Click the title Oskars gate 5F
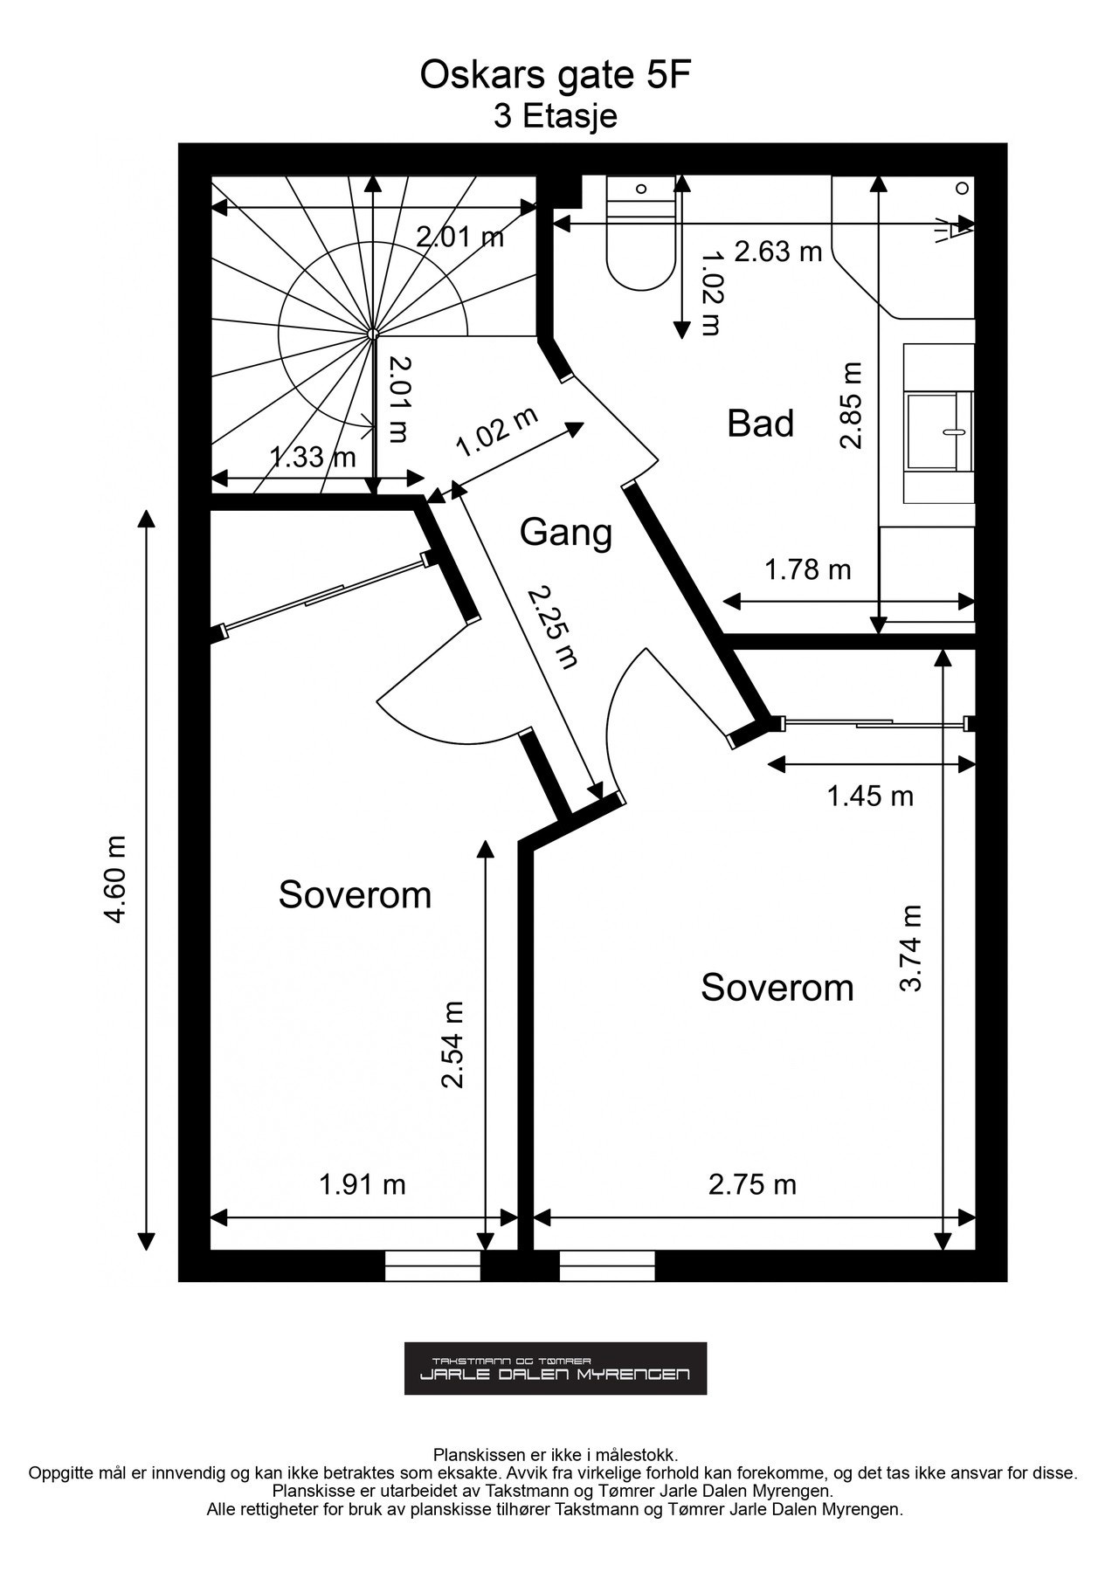(x=556, y=76)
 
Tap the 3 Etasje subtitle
(x=556, y=116)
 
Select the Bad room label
(x=760, y=424)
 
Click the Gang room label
(x=566, y=532)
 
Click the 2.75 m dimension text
(x=752, y=1184)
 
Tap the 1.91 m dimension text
(x=363, y=1184)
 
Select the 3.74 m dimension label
(x=911, y=948)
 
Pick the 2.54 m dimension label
(x=452, y=1044)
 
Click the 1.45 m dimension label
(x=870, y=796)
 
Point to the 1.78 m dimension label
(x=808, y=569)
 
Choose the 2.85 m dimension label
(x=851, y=405)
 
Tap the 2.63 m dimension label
(x=778, y=252)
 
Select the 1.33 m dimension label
(x=312, y=456)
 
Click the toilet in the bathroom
(x=640, y=233)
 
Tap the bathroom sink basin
(x=940, y=431)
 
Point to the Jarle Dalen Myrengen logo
(x=556, y=1368)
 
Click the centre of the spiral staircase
(x=373, y=334)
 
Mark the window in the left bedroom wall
(x=433, y=1265)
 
